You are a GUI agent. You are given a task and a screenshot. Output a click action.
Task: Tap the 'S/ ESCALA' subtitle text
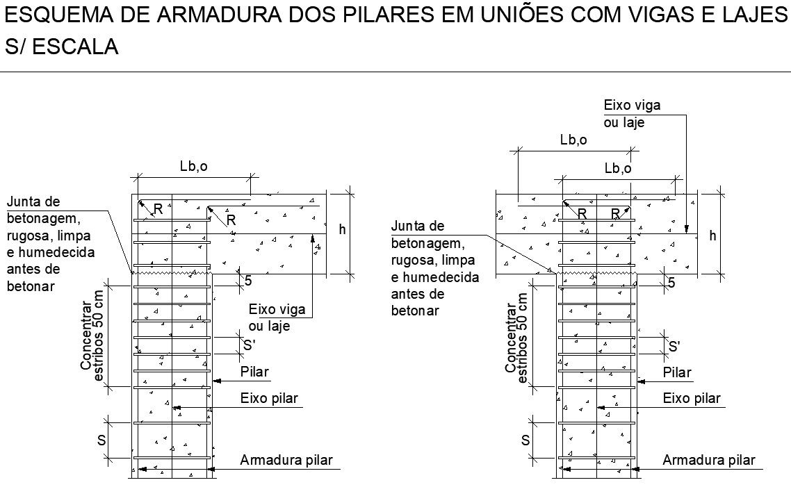60,47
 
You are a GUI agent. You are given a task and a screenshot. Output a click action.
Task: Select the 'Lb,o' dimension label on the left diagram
193,167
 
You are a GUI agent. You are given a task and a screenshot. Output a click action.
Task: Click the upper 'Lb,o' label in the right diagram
573,140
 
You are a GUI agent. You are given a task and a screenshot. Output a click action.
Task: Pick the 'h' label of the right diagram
712,236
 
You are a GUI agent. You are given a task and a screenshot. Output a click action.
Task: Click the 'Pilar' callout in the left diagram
254,372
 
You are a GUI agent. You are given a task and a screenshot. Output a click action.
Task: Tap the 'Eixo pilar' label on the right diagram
692,398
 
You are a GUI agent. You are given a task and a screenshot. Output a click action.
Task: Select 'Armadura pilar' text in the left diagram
286,460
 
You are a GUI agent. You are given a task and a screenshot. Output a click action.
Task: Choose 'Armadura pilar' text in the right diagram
709,460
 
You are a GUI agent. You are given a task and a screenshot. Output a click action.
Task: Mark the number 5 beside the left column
247,281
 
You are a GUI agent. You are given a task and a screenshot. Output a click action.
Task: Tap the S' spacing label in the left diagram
248,345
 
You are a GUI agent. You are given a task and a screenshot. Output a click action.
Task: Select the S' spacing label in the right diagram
674,345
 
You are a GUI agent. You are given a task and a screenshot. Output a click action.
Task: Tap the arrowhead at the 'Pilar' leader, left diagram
216,381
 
